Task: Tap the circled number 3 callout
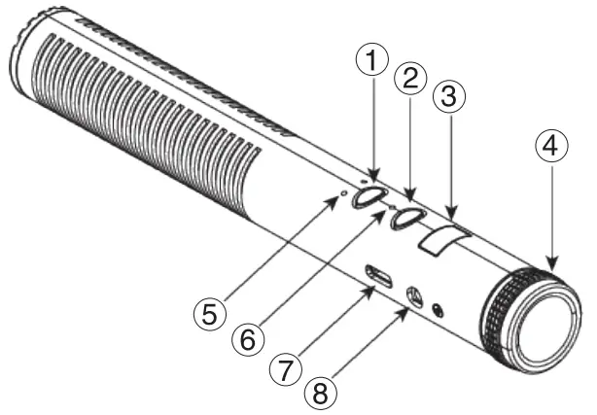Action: click(451, 98)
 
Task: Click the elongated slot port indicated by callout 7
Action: click(379, 278)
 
